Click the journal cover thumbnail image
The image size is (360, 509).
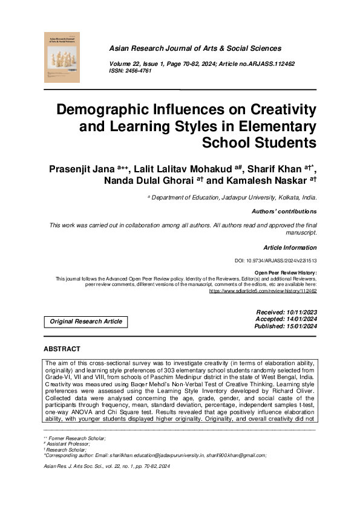pyautogui.click(x=62, y=58)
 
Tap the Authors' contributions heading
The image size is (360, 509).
pyautogui.click(x=284, y=212)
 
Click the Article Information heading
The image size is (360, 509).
pyautogui.click(x=290, y=248)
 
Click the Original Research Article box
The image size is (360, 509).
pyautogui.click(x=86, y=322)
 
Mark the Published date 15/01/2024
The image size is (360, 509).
pyautogui.click(x=299, y=326)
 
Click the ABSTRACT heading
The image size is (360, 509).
pyautogui.click(x=62, y=349)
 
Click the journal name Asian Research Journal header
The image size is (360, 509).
pyautogui.click(x=194, y=48)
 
